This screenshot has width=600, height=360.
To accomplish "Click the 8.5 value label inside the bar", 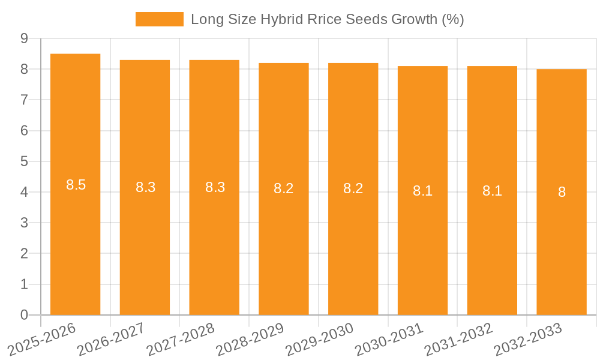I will pos(76,185).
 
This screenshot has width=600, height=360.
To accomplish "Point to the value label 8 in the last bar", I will pos(562,192).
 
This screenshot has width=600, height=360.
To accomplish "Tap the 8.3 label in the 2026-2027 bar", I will pos(145,187).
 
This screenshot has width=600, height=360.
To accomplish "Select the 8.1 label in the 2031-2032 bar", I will pos(492,191).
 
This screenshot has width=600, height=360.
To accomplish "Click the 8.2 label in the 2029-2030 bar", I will pos(353,188).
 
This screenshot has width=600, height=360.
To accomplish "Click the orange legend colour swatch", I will pos(159,19).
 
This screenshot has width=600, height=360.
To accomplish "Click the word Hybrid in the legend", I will pos(280,19).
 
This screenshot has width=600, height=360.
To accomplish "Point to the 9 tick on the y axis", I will pos(24,38).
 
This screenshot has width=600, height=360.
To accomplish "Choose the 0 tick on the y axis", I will pos(24,315).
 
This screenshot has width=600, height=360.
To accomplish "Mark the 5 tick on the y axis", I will pos(24,161).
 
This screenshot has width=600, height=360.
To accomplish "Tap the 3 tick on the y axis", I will pos(24,223).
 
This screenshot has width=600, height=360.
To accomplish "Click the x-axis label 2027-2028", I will pos(181,339).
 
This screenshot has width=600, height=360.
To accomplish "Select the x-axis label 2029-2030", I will pos(320,339).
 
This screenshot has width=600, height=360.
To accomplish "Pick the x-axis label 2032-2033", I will pos(528,339).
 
